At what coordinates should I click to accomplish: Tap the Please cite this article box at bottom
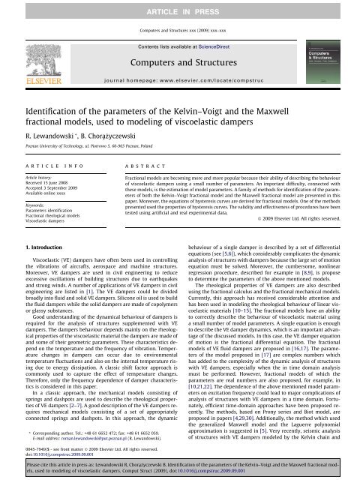[x=180, y=469]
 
